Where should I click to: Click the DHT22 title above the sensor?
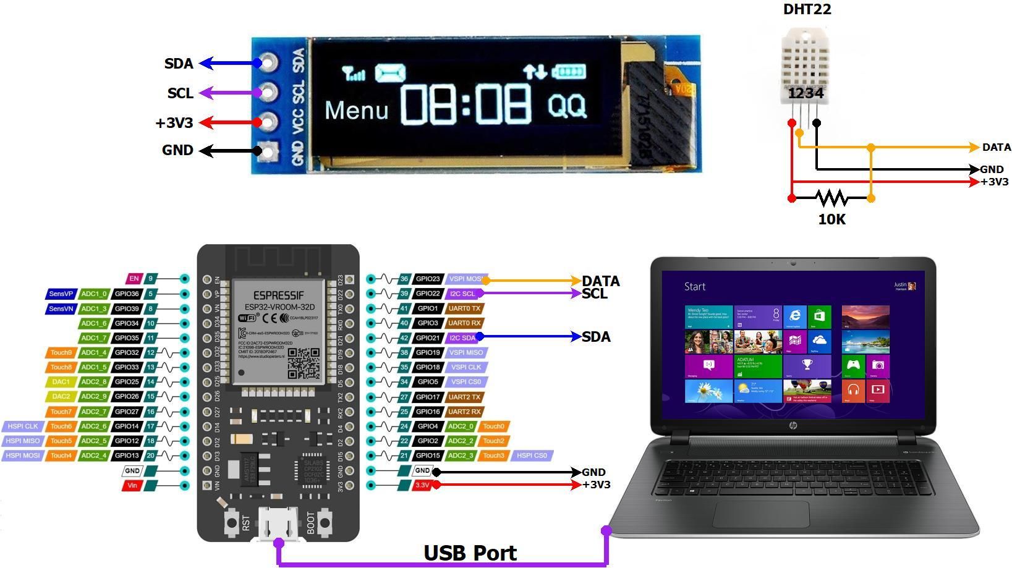point(807,9)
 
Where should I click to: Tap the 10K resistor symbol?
point(831,198)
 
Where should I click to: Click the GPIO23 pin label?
point(428,279)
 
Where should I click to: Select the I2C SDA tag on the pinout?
point(462,338)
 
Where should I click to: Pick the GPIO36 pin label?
point(127,294)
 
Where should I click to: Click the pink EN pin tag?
point(134,279)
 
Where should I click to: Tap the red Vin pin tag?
point(132,486)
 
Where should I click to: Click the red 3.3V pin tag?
point(422,485)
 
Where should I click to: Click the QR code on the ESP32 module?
point(304,363)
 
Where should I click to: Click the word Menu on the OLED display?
point(357,111)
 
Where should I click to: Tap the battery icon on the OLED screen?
point(569,72)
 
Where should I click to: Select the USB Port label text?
point(470,553)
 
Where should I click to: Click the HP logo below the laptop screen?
point(793,426)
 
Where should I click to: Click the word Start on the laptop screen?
point(695,287)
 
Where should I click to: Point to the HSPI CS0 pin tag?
point(532,456)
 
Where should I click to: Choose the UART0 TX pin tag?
point(464,308)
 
